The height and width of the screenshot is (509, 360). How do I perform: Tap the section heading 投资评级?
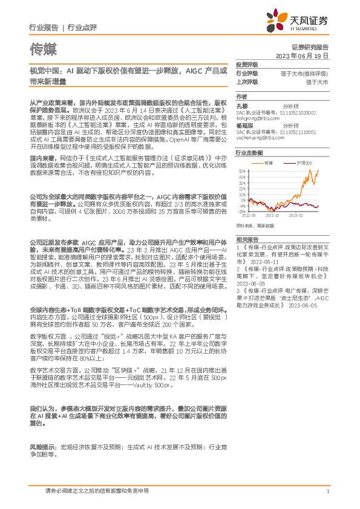pyautogui.click(x=247, y=64)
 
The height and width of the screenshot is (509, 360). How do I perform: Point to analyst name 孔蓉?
pyautogui.click(x=241, y=105)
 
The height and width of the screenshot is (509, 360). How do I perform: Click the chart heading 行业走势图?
pyautogui.click(x=249, y=153)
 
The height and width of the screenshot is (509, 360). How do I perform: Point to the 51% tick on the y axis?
pyautogui.click(x=242, y=171)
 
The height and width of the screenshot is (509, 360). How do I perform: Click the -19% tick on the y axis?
pyautogui.click(x=241, y=212)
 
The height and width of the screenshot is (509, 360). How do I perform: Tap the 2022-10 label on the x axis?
pyautogui.click(x=273, y=215)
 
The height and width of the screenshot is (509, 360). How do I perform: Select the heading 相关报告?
pyautogui.click(x=247, y=239)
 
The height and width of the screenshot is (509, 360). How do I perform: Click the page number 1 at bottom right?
pyautogui.click(x=327, y=491)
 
